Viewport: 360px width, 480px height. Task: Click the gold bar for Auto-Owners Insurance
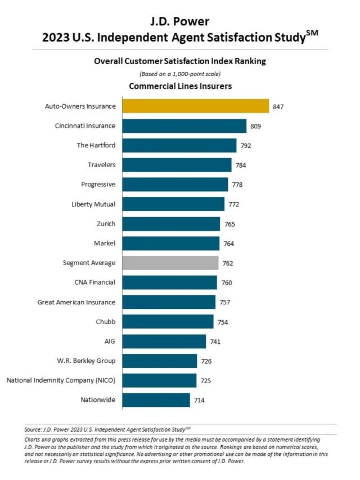coord(195,106)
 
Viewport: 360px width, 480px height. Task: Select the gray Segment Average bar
coord(170,263)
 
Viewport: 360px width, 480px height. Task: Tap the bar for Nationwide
coord(156,400)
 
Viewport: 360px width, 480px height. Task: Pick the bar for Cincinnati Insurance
coord(184,125)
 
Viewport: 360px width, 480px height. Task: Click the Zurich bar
coord(171,224)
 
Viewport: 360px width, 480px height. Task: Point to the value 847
coord(278,106)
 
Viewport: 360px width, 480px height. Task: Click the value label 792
coord(245,145)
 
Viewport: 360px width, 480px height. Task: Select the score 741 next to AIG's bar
coord(215,342)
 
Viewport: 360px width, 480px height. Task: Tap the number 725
coord(205,381)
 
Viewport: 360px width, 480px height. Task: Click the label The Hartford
coord(96,145)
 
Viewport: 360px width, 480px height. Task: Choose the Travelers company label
coord(101,165)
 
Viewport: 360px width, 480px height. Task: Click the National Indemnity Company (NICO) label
coord(61,380)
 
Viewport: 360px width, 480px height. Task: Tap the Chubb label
coord(106,322)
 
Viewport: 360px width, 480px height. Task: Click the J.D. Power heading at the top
coord(180,21)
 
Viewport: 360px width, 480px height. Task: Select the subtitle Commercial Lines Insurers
coord(180,86)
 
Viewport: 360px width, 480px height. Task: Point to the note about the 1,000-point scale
coord(180,74)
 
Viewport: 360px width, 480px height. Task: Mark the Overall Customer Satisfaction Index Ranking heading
coord(180,61)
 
